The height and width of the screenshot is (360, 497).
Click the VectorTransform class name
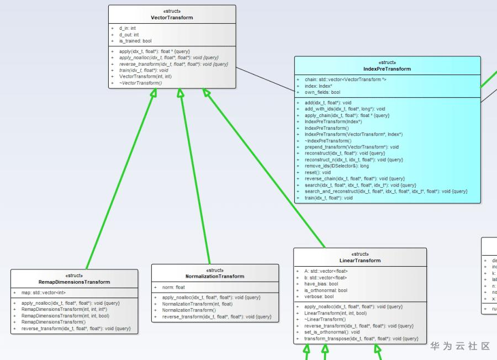(x=172, y=18)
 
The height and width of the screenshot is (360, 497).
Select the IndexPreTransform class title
(x=387, y=69)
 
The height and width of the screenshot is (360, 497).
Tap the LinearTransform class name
(x=359, y=261)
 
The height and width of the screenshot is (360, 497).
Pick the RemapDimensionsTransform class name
(x=74, y=282)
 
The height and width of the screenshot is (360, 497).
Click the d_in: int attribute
(x=128, y=28)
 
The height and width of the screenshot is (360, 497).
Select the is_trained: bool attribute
(x=135, y=41)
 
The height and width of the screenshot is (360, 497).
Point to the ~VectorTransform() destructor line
(x=140, y=83)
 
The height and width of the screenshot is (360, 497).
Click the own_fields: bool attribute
(x=322, y=92)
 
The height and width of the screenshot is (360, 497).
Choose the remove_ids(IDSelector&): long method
(x=336, y=166)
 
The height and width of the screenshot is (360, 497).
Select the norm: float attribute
(x=173, y=287)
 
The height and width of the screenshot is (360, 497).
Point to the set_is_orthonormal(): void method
(x=332, y=332)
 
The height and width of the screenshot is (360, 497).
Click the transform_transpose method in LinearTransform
(x=361, y=338)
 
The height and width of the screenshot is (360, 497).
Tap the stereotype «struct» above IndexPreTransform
(x=387, y=62)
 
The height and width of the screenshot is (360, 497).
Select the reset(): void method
(x=318, y=172)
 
